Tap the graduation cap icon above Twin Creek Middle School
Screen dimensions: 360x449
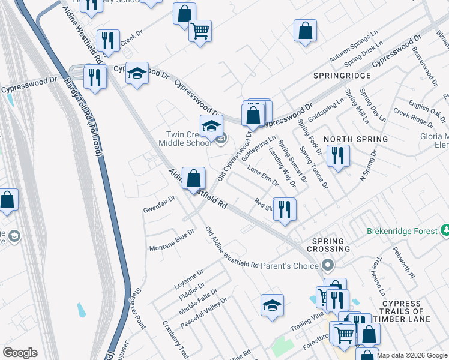(x=211, y=127)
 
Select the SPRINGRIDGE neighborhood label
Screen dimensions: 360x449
(x=341, y=76)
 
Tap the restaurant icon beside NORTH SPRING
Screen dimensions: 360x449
(x=338, y=157)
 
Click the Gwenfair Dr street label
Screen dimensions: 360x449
(x=159, y=204)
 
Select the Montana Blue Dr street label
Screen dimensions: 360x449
(x=172, y=239)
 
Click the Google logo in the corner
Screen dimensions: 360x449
(x=20, y=353)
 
